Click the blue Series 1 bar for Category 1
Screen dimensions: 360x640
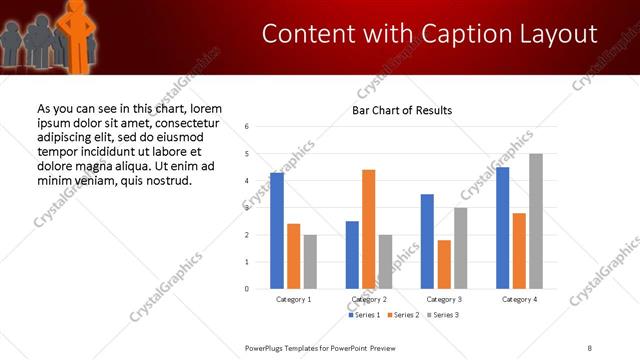(277, 231)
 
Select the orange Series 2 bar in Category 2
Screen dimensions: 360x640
(368, 229)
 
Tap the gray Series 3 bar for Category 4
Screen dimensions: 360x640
(535, 221)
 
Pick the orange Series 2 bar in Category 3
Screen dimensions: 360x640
(444, 264)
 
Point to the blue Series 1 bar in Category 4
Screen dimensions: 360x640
(502, 228)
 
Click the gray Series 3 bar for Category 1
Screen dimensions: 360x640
(310, 262)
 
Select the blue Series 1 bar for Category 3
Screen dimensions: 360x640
(427, 241)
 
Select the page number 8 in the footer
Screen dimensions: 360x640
(590, 347)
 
